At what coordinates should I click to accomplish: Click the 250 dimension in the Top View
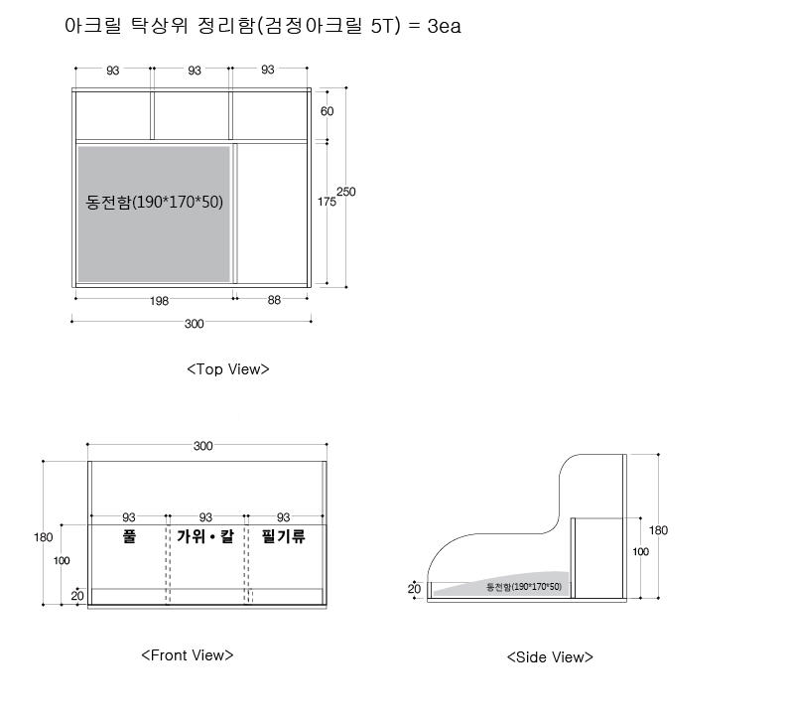click(x=345, y=192)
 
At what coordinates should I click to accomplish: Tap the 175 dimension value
click(x=327, y=202)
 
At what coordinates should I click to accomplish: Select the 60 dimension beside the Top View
click(x=327, y=111)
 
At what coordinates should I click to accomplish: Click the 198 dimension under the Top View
click(x=159, y=301)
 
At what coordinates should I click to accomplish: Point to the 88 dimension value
click(x=274, y=300)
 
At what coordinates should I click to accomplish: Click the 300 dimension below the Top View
click(x=195, y=324)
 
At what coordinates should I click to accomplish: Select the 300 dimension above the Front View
click(x=202, y=446)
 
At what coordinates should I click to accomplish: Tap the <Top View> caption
click(x=228, y=369)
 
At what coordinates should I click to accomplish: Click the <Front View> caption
click(x=188, y=655)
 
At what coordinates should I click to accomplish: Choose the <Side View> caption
click(x=550, y=657)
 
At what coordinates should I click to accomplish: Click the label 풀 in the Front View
click(x=129, y=535)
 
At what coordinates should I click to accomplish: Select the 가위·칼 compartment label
click(x=205, y=535)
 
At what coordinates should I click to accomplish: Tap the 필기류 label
click(x=283, y=535)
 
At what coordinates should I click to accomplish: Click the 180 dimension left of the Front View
click(x=44, y=537)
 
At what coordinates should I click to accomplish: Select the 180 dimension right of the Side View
click(x=658, y=530)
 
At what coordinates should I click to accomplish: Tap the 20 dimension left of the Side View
click(x=414, y=589)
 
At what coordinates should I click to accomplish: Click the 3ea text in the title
click(x=444, y=26)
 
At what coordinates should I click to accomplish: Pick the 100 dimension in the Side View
click(x=640, y=552)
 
